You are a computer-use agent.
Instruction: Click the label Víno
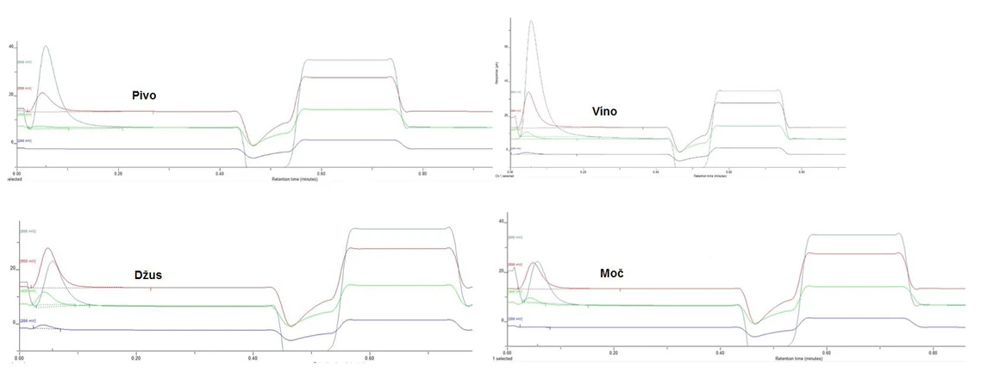click(x=604, y=110)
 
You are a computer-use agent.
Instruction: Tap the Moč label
click(x=613, y=273)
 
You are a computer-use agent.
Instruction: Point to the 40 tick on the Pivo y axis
click(x=11, y=46)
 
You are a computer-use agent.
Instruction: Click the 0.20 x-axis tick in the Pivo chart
click(x=117, y=173)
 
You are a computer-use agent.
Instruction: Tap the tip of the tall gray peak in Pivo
click(x=46, y=47)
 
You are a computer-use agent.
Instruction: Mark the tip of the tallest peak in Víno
click(x=531, y=22)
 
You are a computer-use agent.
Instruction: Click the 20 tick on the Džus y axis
click(x=12, y=268)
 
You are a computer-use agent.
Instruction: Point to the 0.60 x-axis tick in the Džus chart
click(x=370, y=357)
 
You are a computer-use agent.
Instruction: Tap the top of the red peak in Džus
click(x=48, y=249)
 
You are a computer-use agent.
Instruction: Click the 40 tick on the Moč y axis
click(x=502, y=221)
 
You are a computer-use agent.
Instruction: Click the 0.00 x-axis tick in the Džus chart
click(x=19, y=357)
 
